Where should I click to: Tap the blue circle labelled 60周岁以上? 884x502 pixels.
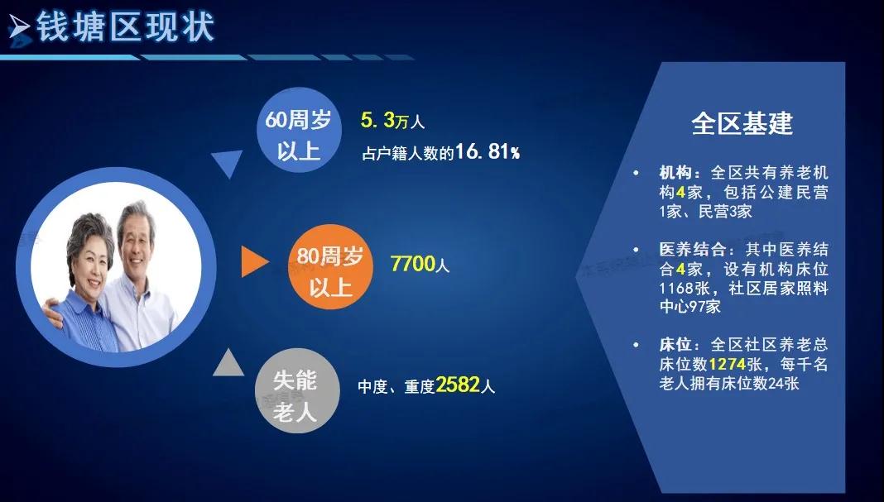pyautogui.click(x=299, y=130)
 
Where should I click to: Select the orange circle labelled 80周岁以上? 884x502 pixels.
pyautogui.click(x=330, y=266)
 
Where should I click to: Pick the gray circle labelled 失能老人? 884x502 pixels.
pyautogui.click(x=297, y=390)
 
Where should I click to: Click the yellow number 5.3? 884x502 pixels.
pyautogui.click(x=377, y=120)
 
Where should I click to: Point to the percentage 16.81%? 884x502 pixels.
pyautogui.click(x=488, y=151)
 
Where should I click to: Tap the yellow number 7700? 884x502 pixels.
pyautogui.click(x=413, y=263)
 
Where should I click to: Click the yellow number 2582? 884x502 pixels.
pyautogui.click(x=458, y=385)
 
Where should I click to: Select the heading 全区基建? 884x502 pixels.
pyautogui.click(x=742, y=123)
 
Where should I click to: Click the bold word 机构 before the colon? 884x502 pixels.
pyautogui.click(x=675, y=172)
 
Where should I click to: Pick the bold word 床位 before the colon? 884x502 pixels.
pyautogui.click(x=675, y=344)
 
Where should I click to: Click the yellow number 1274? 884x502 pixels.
pyautogui.click(x=728, y=364)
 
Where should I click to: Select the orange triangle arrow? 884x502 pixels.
pyautogui.click(x=254, y=261)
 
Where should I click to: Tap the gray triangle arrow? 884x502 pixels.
pyautogui.click(x=229, y=363)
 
